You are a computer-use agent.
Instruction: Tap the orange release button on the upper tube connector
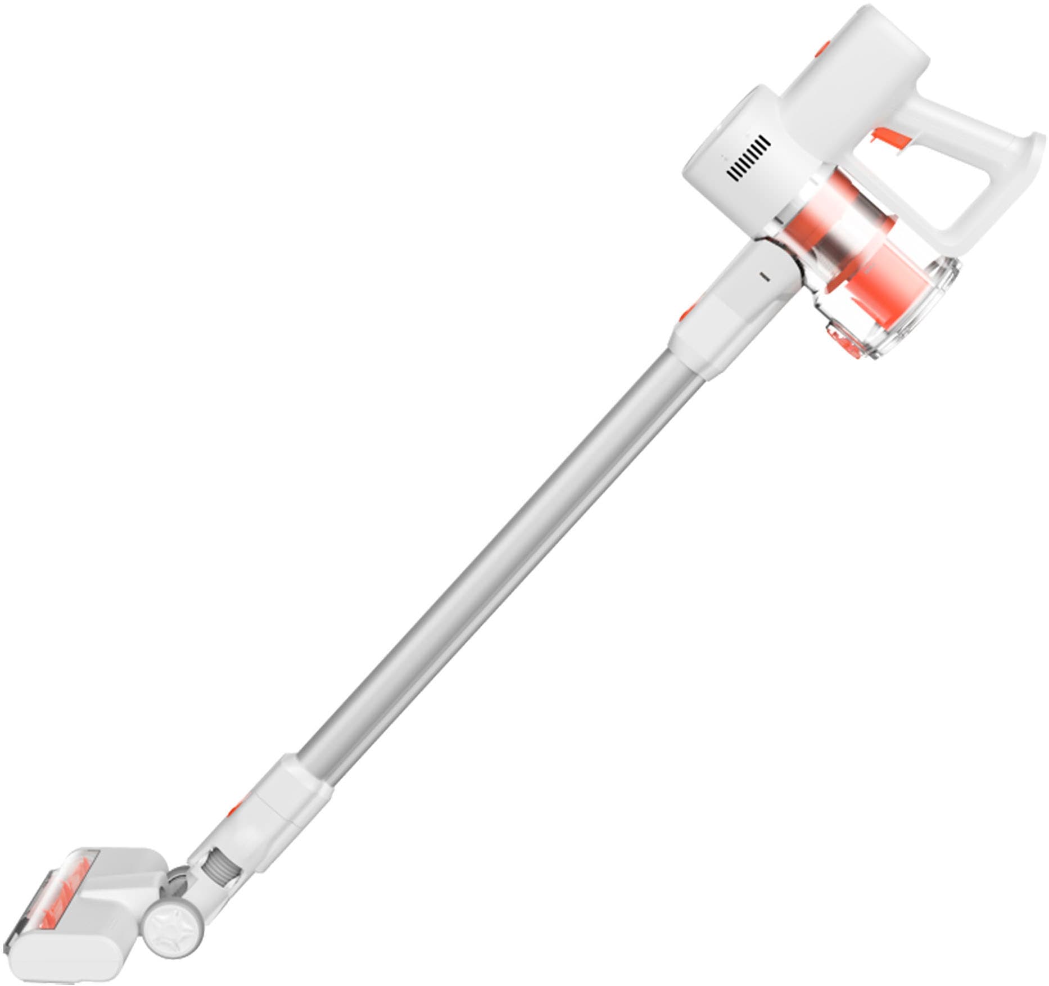tap(689, 310)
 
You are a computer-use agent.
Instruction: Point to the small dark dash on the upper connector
tap(764, 277)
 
